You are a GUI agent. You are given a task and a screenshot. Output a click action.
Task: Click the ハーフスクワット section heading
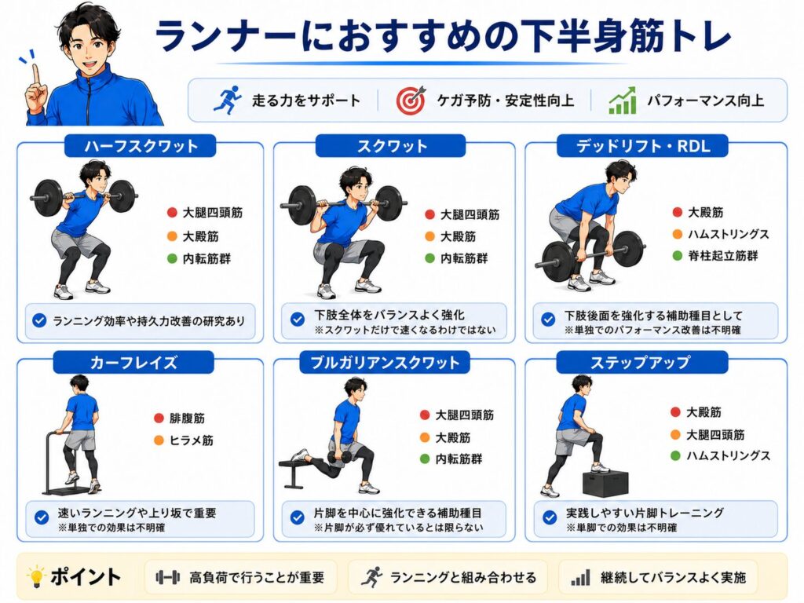click(140, 146)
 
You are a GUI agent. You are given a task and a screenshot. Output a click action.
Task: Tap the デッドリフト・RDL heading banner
click(642, 146)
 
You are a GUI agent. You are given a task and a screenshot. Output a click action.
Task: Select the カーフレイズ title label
click(133, 363)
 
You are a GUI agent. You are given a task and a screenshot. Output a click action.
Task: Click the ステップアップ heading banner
click(642, 363)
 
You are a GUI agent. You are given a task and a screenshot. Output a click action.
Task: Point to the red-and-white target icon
click(411, 100)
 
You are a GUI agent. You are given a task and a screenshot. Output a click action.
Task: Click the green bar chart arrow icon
click(623, 100)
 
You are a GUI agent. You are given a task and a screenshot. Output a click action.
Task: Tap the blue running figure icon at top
click(228, 100)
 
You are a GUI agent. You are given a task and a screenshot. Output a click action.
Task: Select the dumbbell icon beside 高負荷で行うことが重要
click(168, 577)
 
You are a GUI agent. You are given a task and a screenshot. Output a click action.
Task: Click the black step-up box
click(605, 483)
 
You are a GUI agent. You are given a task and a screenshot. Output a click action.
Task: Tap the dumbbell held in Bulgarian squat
click(339, 458)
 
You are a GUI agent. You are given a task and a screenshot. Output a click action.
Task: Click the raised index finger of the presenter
click(35, 75)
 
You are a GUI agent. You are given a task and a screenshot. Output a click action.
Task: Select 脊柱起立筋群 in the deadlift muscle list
click(722, 255)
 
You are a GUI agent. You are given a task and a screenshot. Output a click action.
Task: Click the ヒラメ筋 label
click(192, 440)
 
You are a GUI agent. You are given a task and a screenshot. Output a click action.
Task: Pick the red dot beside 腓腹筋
click(159, 418)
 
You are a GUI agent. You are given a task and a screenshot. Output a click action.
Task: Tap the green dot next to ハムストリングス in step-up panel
click(676, 455)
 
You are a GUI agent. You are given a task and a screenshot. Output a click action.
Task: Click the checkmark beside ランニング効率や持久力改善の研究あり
click(39, 321)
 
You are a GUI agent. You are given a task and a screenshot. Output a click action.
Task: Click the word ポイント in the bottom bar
click(86, 577)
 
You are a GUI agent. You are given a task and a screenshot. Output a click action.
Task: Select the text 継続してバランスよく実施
click(673, 578)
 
